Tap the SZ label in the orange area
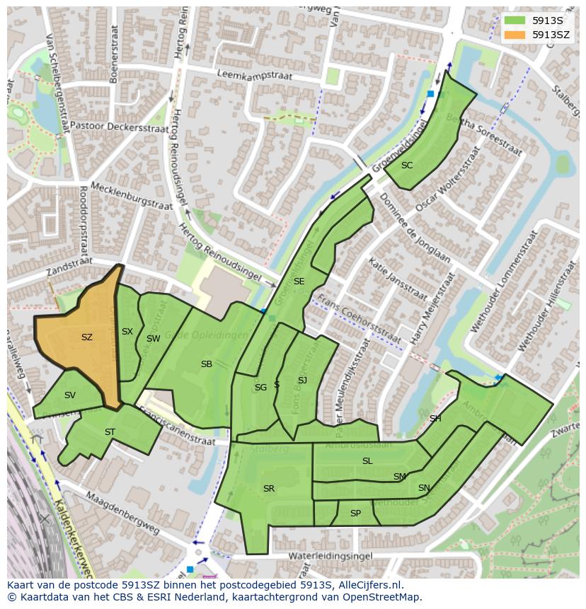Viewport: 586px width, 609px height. click(x=86, y=337)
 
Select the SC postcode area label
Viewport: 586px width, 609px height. click(x=407, y=166)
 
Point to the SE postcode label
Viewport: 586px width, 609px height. click(x=299, y=282)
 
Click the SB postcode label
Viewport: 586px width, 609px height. click(x=206, y=364)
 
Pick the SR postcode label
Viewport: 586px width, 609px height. click(x=268, y=489)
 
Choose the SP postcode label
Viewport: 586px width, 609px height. click(x=355, y=514)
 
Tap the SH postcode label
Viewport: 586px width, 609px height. click(x=435, y=419)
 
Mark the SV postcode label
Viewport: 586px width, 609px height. click(x=69, y=395)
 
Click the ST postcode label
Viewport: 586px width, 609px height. click(x=110, y=432)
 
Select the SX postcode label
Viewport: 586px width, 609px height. click(x=127, y=332)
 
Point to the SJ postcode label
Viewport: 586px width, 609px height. click(x=302, y=381)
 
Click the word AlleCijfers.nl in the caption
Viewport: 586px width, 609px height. click(x=360, y=585)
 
